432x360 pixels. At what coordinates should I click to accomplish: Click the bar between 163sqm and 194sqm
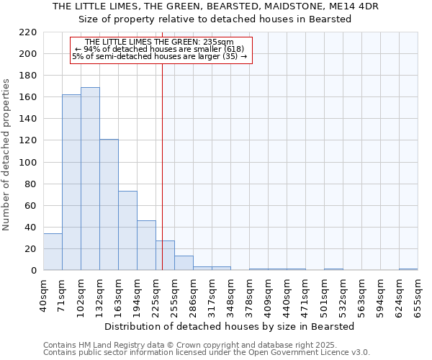click(x=127, y=230)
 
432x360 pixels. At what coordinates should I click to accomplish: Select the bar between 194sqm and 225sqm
click(x=146, y=246)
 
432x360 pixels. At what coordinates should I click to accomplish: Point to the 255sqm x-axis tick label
click(x=174, y=292)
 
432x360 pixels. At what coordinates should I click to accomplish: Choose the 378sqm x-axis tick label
click(x=249, y=292)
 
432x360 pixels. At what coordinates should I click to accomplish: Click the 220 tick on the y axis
click(x=28, y=32)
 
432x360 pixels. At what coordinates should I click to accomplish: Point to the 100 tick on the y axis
click(x=28, y=162)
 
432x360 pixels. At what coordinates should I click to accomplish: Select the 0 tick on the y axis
click(x=34, y=271)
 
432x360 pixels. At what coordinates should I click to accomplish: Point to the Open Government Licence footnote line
click(x=207, y=352)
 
